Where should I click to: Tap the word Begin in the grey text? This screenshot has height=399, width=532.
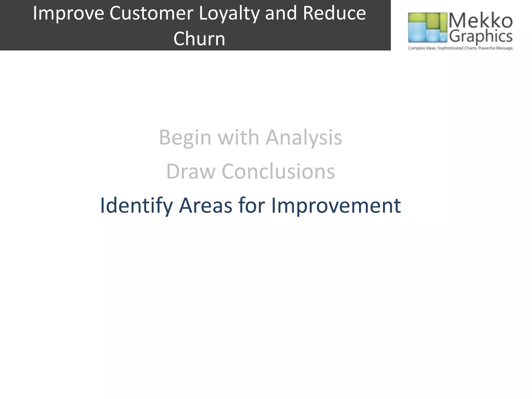[x=185, y=138]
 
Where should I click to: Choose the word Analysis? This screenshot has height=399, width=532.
[x=304, y=138]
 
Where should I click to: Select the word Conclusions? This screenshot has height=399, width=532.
[x=278, y=172]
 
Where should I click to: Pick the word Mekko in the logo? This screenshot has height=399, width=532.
[x=481, y=21]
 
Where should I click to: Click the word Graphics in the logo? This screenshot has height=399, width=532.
[x=481, y=37]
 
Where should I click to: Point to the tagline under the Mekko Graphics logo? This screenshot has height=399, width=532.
[x=460, y=48]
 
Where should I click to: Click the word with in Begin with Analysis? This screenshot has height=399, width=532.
[x=238, y=138]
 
